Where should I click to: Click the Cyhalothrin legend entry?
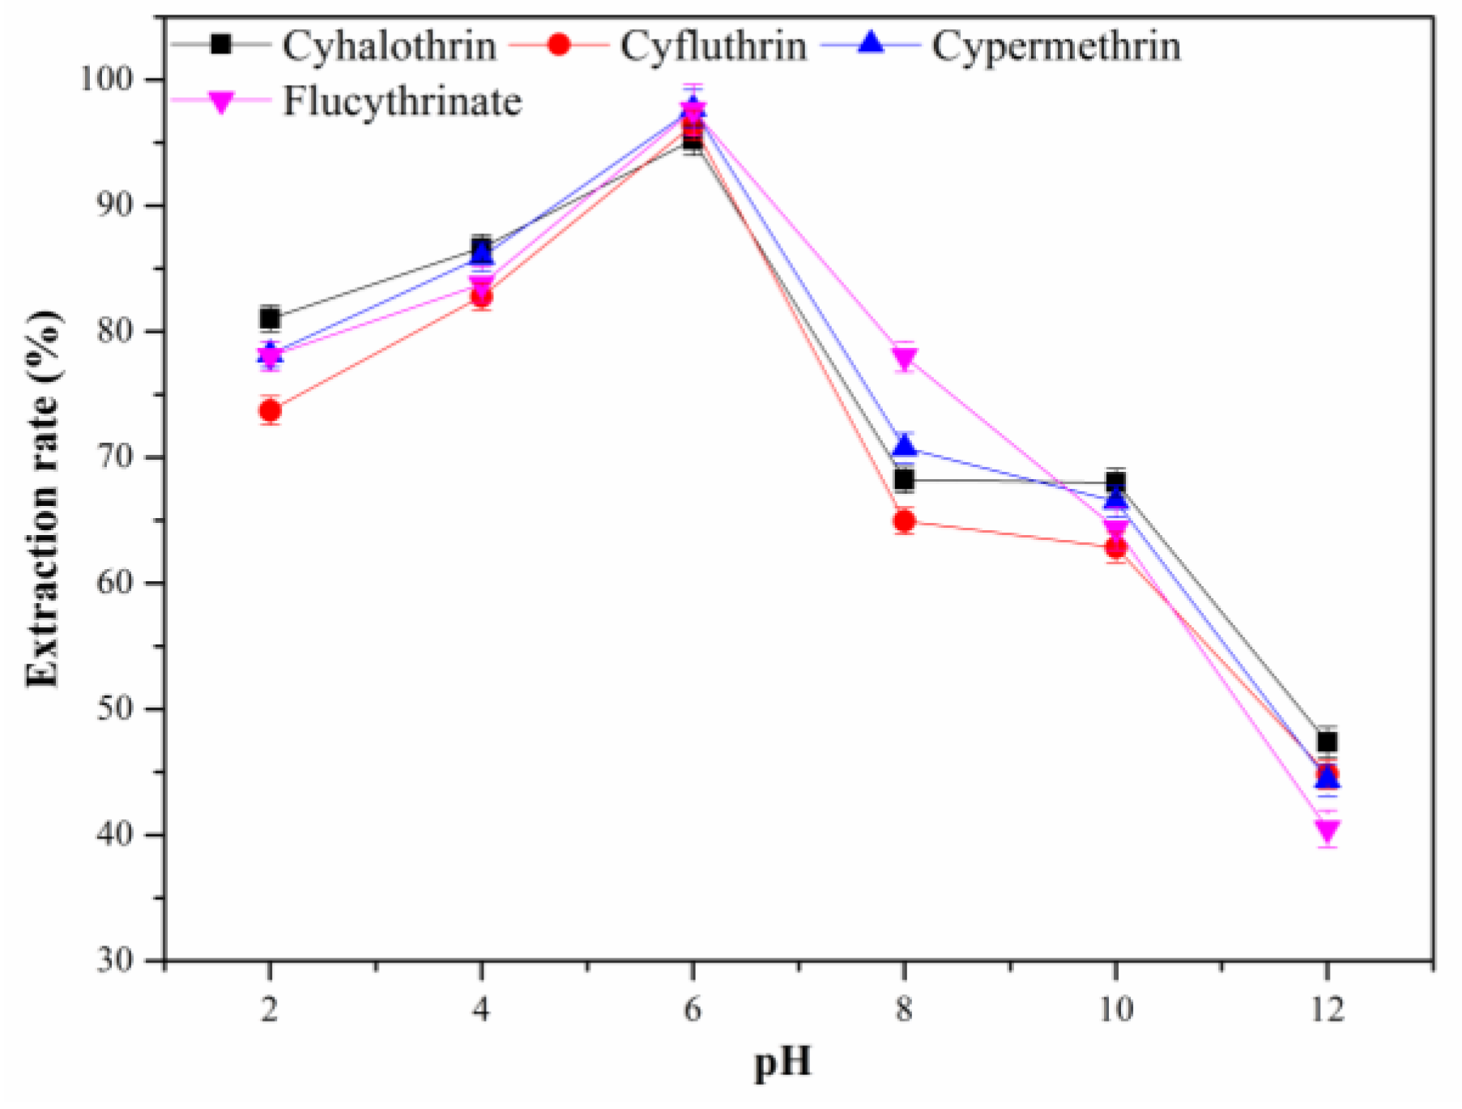(x=388, y=45)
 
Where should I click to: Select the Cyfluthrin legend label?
(x=713, y=45)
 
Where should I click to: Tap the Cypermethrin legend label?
(x=1055, y=45)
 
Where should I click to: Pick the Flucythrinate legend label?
(x=402, y=102)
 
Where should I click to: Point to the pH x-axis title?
(x=782, y=1062)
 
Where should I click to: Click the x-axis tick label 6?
(x=693, y=1009)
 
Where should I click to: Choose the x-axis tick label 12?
(x=1326, y=1009)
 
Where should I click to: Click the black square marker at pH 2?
(x=271, y=318)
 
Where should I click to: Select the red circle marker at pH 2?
(x=271, y=411)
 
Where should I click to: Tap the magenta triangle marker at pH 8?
(x=905, y=357)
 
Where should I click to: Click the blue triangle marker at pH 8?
(x=905, y=445)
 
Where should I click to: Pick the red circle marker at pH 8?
(x=905, y=521)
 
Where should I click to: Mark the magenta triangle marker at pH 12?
(x=1327, y=831)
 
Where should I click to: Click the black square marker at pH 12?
(x=1327, y=741)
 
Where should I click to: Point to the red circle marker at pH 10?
(x=1116, y=548)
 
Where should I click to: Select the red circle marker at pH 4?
(x=481, y=297)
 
